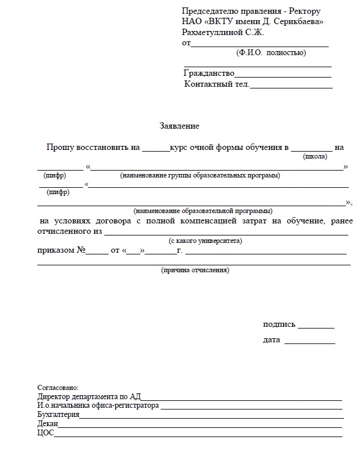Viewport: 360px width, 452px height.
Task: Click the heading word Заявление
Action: coord(179,126)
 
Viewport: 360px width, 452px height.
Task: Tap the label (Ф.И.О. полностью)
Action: coord(271,53)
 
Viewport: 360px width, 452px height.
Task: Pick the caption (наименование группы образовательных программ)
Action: coord(200,175)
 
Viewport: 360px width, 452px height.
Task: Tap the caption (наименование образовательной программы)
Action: coord(203,210)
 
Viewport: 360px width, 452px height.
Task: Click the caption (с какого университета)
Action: coord(205,241)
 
